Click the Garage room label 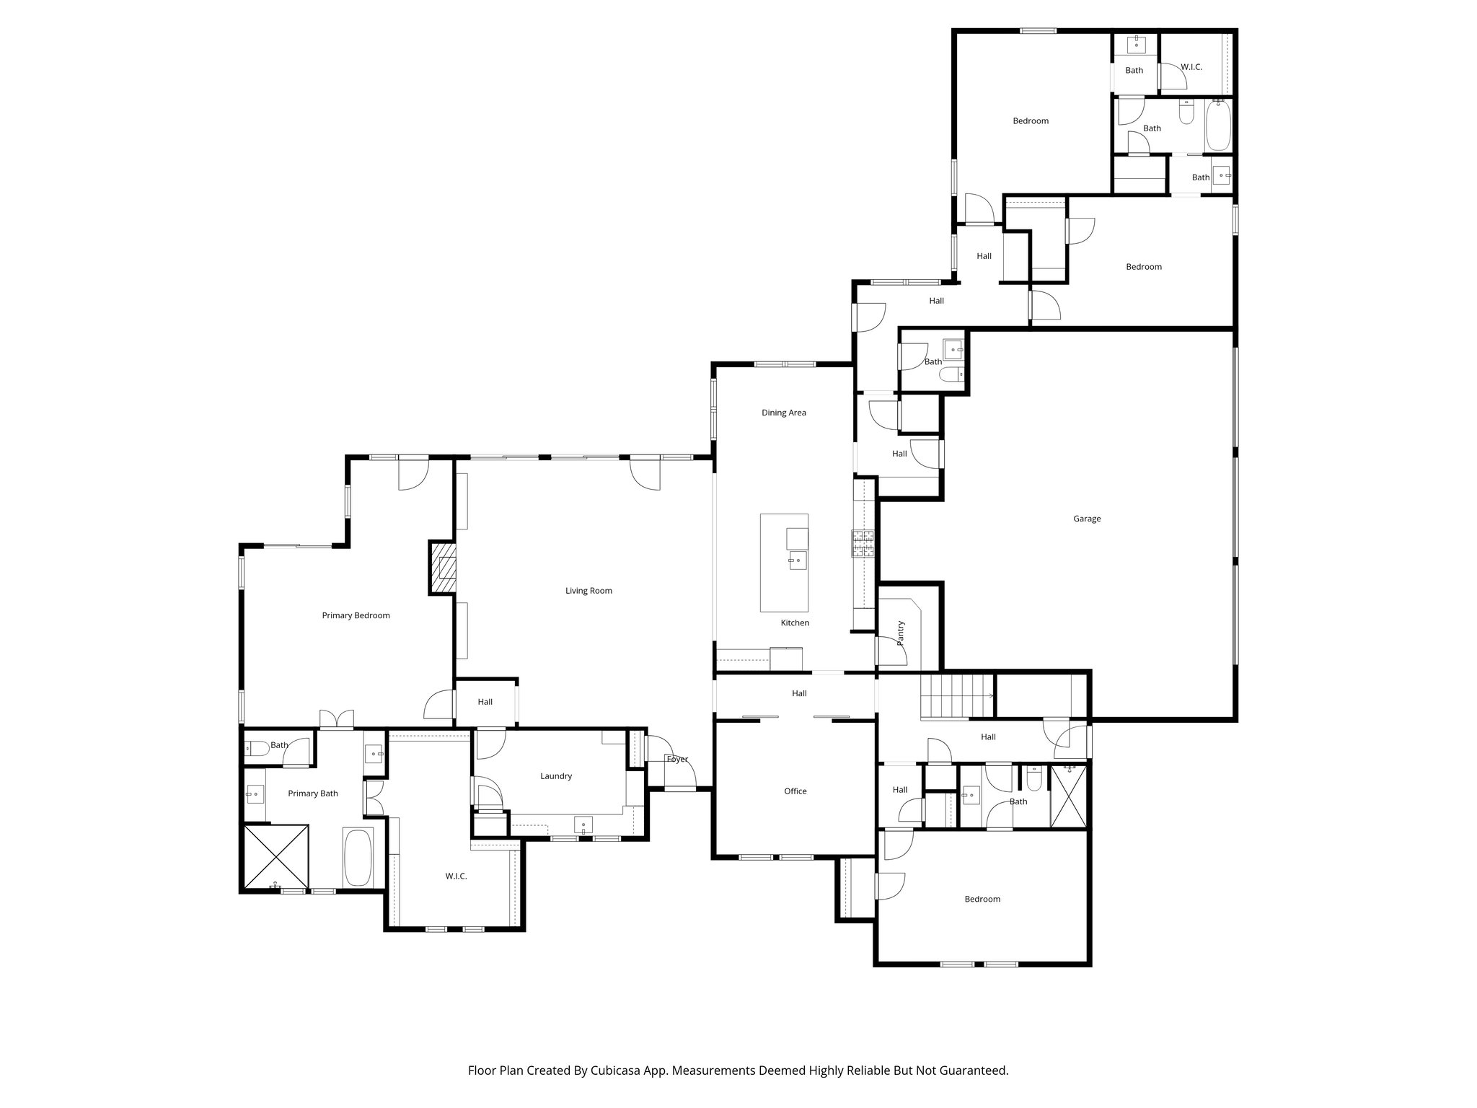click(1086, 519)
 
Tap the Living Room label click(588, 591)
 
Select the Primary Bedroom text click(356, 615)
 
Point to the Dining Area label click(783, 413)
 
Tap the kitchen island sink click(797, 560)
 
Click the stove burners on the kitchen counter click(863, 544)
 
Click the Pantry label click(901, 633)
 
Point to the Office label click(795, 791)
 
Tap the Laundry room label click(555, 776)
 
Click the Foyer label click(676, 759)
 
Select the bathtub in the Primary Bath click(358, 858)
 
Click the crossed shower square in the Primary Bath click(277, 857)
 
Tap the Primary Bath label click(312, 793)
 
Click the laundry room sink click(583, 825)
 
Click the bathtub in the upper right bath click(1217, 127)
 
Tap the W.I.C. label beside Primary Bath click(456, 876)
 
